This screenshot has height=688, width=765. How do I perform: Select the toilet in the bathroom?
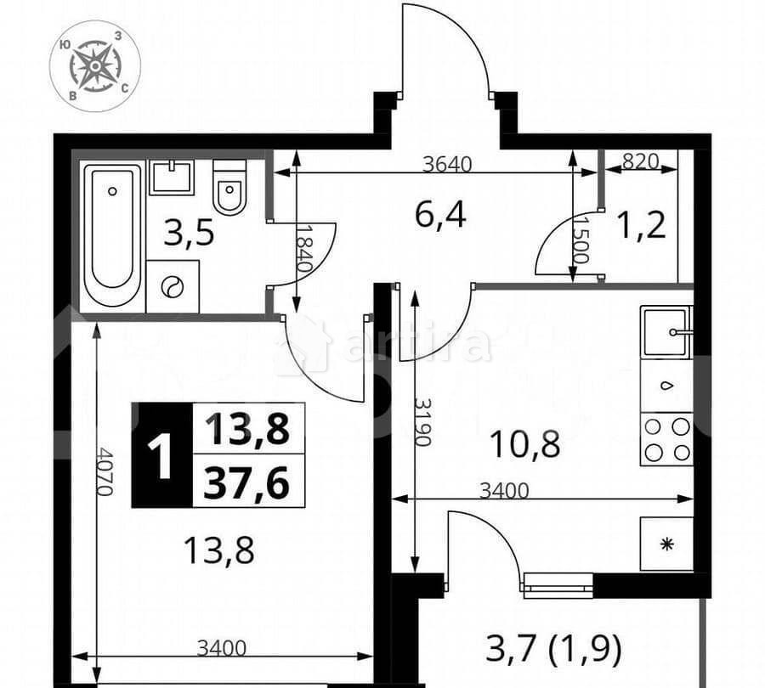click(229, 188)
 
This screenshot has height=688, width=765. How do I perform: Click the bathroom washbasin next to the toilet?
click(172, 178)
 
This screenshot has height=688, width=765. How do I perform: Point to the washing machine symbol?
click(173, 287)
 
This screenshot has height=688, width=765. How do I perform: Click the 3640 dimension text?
click(447, 163)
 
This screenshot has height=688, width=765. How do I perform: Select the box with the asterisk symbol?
click(666, 544)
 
